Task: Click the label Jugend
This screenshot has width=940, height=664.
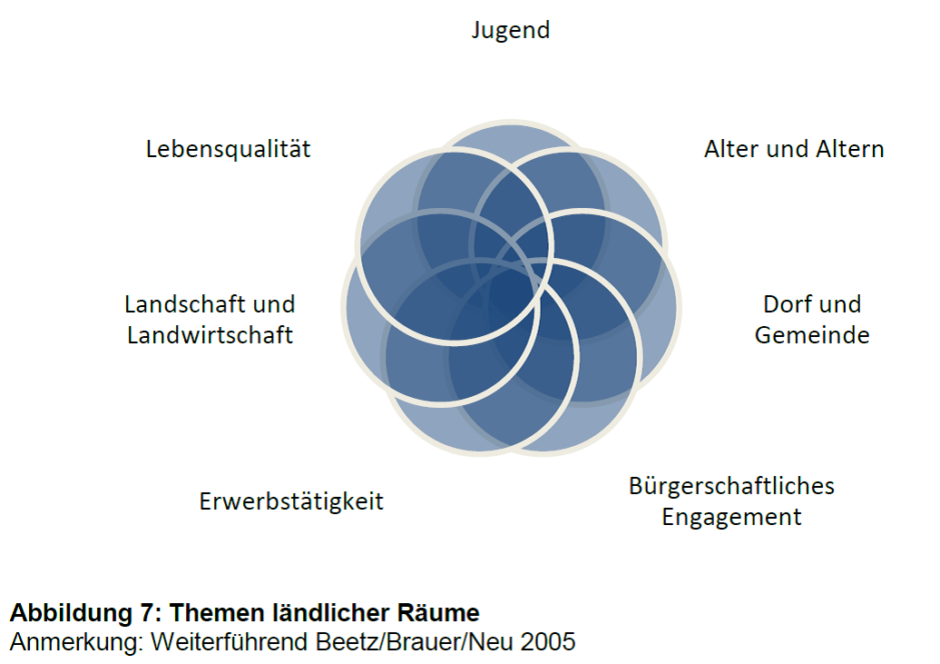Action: click(x=511, y=30)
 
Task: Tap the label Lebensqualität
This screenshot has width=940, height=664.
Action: click(x=228, y=149)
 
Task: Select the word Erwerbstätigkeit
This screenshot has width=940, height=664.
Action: click(x=291, y=501)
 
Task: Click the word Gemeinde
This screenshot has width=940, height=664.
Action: click(x=812, y=335)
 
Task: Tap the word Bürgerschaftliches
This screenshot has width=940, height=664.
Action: click(x=731, y=486)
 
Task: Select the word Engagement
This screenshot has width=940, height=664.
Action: click(x=731, y=518)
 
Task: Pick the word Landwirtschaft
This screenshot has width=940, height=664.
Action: click(x=210, y=335)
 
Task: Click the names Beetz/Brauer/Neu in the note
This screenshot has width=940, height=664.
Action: click(x=416, y=641)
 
